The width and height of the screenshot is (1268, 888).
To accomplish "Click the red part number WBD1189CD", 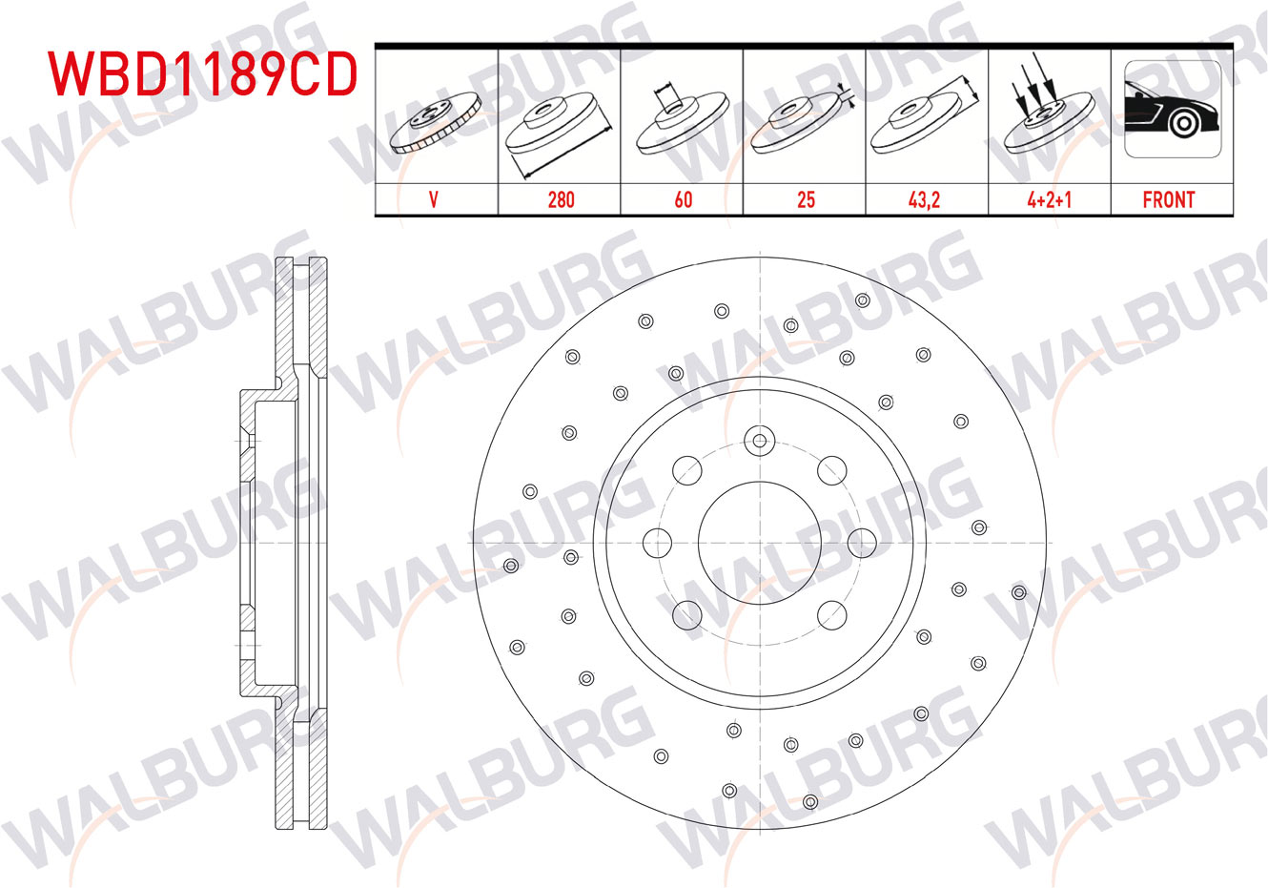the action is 203,74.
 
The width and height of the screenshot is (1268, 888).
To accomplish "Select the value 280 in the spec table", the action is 561,200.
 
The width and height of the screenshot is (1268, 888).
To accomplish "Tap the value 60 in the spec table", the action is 684,200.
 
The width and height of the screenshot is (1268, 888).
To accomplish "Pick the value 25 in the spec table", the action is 807,200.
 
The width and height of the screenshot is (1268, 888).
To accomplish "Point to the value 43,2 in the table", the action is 924,200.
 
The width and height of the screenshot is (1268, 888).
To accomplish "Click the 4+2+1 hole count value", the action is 1049,200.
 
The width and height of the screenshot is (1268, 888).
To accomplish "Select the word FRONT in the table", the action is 1169,200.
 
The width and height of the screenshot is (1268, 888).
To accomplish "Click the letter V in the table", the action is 434,200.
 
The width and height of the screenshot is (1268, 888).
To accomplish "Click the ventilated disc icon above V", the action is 436,123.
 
